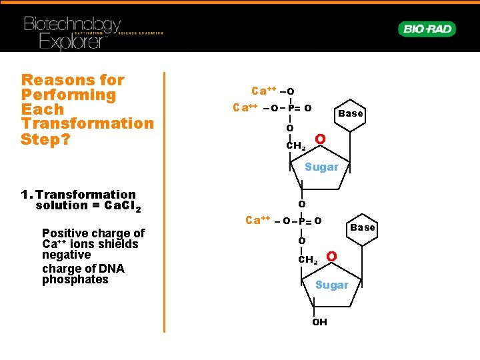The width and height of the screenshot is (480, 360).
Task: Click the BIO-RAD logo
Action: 427,29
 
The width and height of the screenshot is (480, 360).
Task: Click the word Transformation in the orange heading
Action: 87,124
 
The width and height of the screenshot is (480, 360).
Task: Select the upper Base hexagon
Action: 351,113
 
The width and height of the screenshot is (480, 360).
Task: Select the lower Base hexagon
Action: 363,227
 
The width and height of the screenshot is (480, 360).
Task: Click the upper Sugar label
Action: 321,167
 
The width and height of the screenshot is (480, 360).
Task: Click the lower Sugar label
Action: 331,285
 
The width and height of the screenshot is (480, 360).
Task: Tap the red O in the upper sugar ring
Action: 320,139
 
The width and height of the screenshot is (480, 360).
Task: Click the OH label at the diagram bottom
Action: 320,322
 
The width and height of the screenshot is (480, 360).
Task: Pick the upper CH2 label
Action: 295,146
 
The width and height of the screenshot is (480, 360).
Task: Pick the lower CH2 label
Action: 307,259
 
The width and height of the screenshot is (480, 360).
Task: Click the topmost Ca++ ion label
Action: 264,91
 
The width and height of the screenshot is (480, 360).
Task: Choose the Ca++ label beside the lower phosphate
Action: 257,220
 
